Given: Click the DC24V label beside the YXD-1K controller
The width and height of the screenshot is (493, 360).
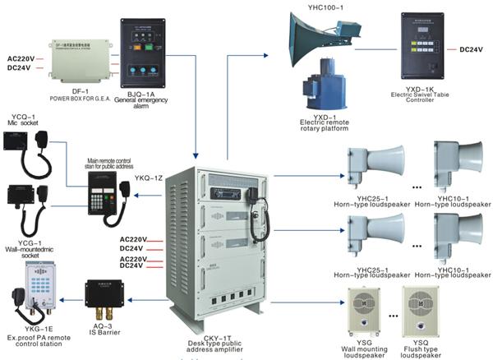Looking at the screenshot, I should tap(471, 49).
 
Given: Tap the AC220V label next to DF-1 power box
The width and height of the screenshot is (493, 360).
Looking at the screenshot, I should tap(21, 59).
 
